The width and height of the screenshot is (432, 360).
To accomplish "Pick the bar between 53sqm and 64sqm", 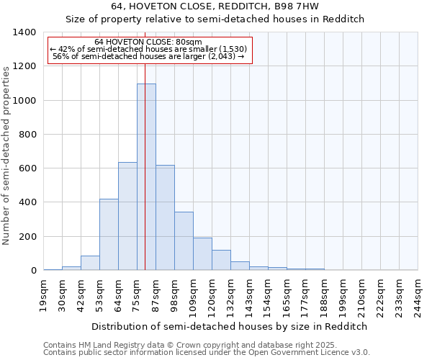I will point(109,235).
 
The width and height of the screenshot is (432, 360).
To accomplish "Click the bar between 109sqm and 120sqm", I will point(202,254).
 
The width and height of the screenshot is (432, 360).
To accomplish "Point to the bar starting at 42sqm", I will point(90,263).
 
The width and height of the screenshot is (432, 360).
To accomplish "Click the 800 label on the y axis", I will point(27,135).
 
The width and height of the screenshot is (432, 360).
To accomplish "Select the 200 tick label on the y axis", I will point(27,237).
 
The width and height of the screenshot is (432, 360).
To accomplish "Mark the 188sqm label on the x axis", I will point(325,297).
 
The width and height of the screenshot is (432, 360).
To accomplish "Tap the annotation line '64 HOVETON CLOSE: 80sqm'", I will point(148,42).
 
